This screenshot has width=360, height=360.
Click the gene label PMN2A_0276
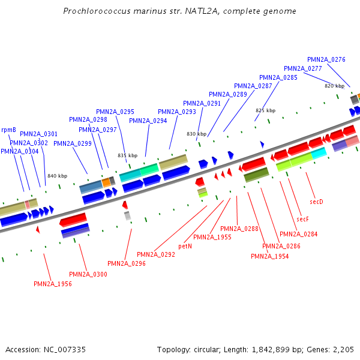(326, 59)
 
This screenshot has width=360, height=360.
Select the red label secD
(316, 202)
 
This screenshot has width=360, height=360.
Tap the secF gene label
(302, 219)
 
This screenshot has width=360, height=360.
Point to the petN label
(185, 246)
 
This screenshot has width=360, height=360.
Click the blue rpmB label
(8, 129)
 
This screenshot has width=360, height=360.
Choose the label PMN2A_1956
(53, 284)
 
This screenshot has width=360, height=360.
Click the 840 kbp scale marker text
(57, 176)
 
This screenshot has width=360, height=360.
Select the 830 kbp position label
(196, 134)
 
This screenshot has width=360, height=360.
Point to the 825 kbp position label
(265, 110)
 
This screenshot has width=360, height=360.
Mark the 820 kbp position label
(334, 86)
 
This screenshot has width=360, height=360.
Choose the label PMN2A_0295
(115, 112)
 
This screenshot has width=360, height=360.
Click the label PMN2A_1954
(269, 256)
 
